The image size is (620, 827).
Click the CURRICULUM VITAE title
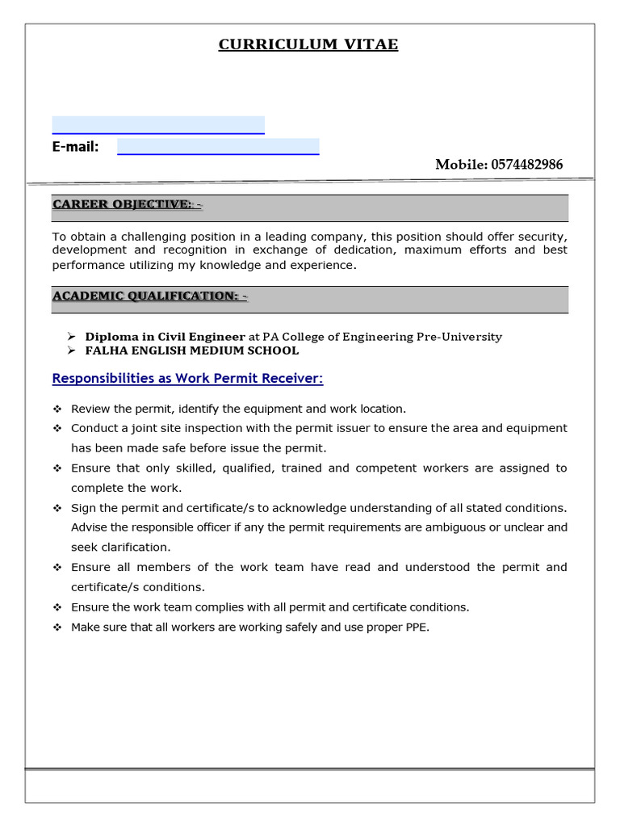308,44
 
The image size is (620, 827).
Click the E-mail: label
75,146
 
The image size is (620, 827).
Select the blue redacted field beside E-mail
218,146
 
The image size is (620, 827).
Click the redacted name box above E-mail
158,124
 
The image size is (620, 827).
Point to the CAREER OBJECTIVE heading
127,204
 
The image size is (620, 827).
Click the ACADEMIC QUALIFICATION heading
149,296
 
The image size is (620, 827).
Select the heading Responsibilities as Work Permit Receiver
187,379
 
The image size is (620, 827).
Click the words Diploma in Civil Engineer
165,337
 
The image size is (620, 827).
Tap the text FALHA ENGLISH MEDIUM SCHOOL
192,351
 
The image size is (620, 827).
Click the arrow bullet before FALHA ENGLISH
70,351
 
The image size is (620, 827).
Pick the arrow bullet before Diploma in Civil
70,337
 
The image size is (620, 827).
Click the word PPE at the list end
417,627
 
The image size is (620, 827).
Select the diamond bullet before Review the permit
57,409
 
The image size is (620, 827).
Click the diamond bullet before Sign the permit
57,508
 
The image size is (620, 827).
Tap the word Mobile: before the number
461,165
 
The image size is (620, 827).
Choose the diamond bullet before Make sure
57,627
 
